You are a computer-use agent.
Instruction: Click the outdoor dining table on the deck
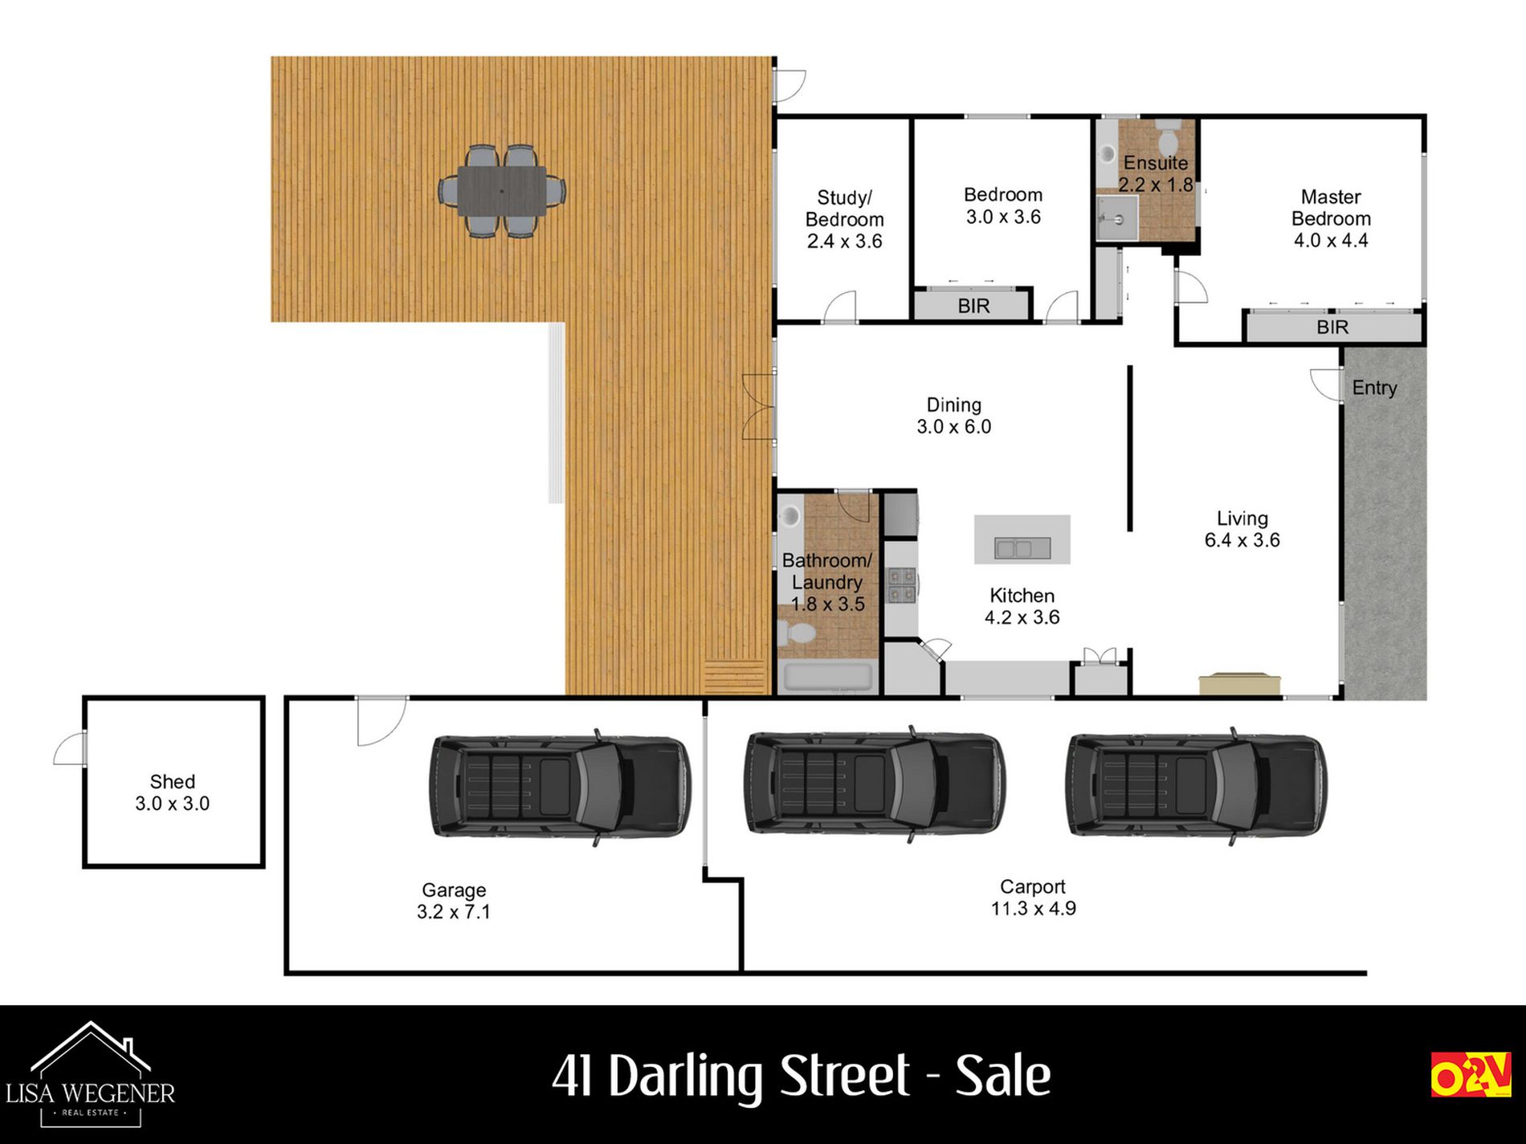tap(502, 191)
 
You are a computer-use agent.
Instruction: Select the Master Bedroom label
tap(1331, 218)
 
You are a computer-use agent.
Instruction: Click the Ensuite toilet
tap(1167, 137)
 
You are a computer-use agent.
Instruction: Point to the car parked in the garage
tap(561, 786)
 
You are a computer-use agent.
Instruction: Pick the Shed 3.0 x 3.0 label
tap(173, 792)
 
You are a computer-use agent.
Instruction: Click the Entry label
tap(1374, 389)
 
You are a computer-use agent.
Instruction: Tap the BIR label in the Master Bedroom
tap(1332, 328)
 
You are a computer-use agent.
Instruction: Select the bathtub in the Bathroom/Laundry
tap(828, 678)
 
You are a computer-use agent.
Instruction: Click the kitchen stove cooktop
tap(901, 584)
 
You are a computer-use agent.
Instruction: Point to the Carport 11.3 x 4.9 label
tap(1033, 898)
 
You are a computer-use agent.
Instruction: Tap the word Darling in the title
tap(758, 1077)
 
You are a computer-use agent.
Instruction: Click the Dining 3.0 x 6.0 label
tap(954, 416)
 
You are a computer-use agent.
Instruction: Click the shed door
tap(71, 748)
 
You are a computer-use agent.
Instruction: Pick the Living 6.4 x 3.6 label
tap(1242, 529)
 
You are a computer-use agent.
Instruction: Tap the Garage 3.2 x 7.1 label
tap(454, 901)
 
